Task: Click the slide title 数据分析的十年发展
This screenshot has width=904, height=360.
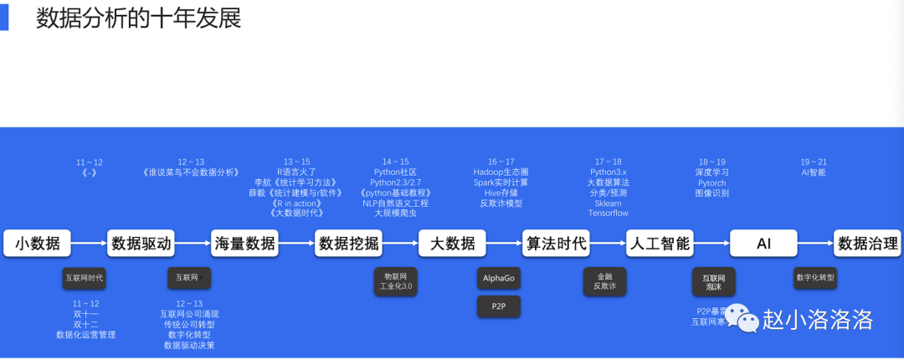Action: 138,19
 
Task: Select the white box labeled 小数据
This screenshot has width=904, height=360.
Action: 38,244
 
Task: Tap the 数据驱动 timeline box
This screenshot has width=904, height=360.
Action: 141,244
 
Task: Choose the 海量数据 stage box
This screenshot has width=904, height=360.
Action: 244,244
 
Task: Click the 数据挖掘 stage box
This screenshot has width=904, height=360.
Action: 348,244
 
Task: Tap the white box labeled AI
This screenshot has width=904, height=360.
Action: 763,244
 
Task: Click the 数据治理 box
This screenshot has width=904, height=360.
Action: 868,244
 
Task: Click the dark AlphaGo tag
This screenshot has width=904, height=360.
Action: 499,277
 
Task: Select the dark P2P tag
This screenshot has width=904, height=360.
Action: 499,307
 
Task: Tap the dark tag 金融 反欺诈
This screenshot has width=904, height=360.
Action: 604,281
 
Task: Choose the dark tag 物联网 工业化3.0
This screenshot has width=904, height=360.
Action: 396,281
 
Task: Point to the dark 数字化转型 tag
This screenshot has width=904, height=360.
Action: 814,277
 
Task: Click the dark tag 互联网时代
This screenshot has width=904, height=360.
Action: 85,277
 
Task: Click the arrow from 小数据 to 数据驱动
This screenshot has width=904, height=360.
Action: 90,244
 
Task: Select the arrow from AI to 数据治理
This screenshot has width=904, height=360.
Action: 816,244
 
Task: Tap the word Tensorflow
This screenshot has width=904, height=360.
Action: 608,213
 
